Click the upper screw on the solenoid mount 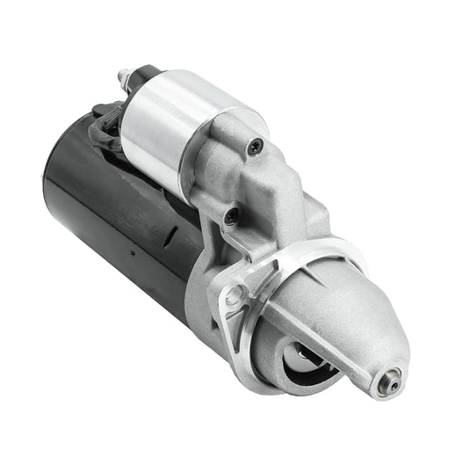click(255, 146)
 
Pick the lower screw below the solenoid click(231, 214)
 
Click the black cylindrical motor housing click(114, 220)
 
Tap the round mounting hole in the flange click(234, 296)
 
